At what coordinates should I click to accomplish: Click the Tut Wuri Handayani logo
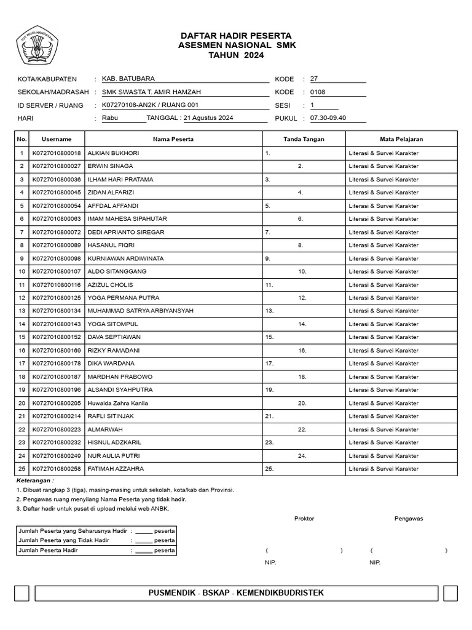[37, 46]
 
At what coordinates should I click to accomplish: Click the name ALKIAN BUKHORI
[113, 153]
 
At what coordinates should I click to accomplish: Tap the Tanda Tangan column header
[304, 139]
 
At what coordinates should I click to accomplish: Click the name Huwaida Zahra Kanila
[117, 403]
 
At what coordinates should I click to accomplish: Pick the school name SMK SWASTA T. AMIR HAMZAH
[151, 92]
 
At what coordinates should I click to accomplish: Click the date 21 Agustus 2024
[208, 118]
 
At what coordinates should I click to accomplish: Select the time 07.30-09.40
[328, 118]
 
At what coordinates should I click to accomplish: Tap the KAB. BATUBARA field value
[128, 79]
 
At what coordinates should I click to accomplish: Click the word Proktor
[304, 518]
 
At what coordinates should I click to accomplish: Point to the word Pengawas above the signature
[408, 518]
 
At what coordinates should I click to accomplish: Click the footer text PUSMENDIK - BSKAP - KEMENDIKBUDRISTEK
[236, 592]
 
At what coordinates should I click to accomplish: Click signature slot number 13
[269, 311]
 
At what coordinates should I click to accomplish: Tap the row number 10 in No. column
[22, 271]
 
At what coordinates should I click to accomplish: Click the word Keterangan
[34, 480]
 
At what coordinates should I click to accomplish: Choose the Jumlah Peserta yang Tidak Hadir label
[64, 540]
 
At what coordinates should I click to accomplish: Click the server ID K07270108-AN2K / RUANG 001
[151, 105]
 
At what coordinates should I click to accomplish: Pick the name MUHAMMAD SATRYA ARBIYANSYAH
[140, 311]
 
